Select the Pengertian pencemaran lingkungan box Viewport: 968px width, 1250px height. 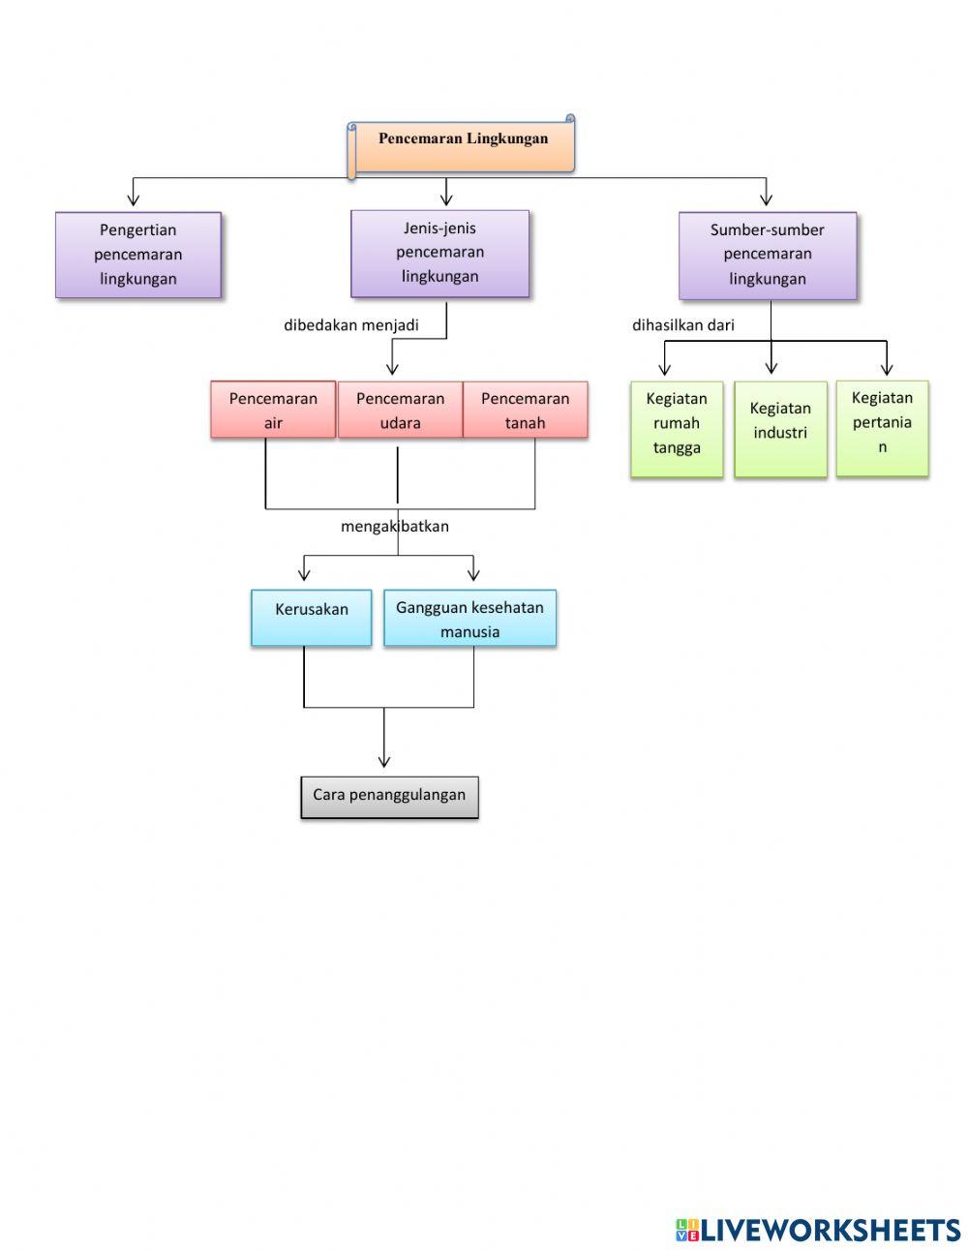(x=138, y=255)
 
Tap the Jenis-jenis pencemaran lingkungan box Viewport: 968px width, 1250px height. (x=440, y=253)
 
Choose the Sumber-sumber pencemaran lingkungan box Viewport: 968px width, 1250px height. (x=768, y=256)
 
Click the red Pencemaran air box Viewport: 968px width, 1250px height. (x=273, y=411)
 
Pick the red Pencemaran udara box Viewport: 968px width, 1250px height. (x=400, y=411)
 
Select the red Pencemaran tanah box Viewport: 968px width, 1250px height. (x=525, y=411)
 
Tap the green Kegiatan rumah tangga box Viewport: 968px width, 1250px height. (x=677, y=427)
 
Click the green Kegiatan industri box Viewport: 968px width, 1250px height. (x=780, y=427)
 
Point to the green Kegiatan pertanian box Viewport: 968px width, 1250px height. (x=882, y=427)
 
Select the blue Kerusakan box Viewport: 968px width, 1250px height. (x=311, y=617)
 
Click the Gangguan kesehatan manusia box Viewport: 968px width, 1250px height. (x=469, y=618)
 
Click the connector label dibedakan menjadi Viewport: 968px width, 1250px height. (x=351, y=325)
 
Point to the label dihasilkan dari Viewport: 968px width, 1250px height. (x=683, y=325)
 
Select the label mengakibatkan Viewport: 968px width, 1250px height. (x=394, y=527)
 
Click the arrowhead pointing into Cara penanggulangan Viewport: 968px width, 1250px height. (x=384, y=761)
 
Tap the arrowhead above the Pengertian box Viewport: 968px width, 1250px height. (x=134, y=198)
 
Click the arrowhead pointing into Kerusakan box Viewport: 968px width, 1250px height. (x=305, y=574)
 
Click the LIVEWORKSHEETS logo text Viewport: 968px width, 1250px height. (x=830, y=1230)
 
